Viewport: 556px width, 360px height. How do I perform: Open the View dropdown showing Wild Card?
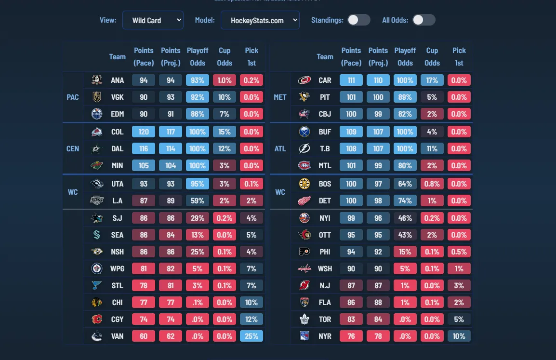(x=153, y=20)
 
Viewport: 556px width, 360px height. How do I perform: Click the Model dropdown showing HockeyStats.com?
(x=260, y=20)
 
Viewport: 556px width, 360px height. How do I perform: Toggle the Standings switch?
(x=359, y=20)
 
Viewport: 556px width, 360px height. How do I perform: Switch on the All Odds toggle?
(x=424, y=20)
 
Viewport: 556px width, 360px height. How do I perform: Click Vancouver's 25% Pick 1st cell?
(x=252, y=336)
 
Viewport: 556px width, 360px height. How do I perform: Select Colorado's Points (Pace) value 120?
(x=144, y=132)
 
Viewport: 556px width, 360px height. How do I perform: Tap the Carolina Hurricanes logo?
(x=304, y=80)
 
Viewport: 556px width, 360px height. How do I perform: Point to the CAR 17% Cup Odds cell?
(x=432, y=80)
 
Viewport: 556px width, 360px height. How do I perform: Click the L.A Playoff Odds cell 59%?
(x=198, y=200)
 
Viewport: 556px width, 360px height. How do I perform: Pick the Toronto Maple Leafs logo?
(x=304, y=319)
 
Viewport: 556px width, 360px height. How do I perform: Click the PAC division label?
(x=73, y=97)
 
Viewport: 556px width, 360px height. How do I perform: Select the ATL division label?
(x=280, y=148)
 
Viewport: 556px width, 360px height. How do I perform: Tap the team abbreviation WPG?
(x=117, y=268)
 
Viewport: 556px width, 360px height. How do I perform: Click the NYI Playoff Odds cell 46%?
(x=405, y=218)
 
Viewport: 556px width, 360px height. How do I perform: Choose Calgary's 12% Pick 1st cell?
(x=252, y=319)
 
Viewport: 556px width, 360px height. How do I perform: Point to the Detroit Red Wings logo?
(x=304, y=200)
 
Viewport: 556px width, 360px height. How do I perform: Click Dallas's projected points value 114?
(x=171, y=148)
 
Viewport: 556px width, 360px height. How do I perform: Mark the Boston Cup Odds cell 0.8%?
(x=432, y=184)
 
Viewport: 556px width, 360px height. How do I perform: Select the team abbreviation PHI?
(x=325, y=252)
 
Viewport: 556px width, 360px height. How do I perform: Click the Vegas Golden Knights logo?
(x=97, y=97)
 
